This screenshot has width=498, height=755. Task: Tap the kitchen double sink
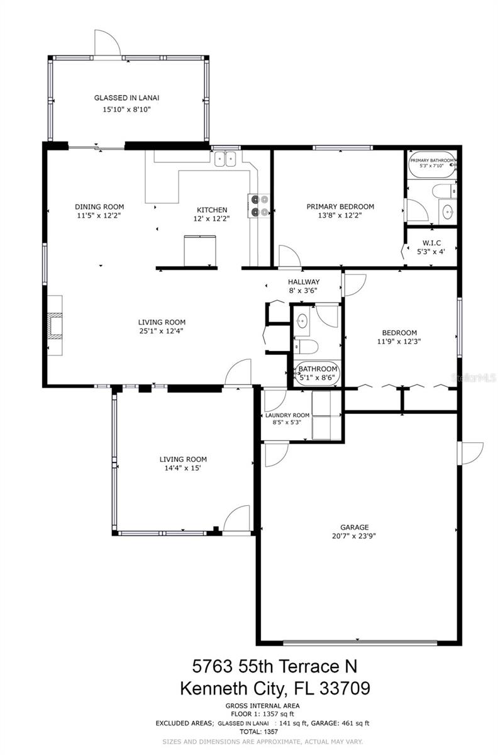tap(224, 159)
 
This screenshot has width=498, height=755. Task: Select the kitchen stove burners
tap(260, 206)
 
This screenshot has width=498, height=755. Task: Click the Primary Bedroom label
tap(340, 206)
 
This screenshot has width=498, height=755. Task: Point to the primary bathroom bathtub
tap(431, 166)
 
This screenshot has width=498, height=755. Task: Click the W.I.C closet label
tap(431, 243)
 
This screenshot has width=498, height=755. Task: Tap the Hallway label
tap(304, 282)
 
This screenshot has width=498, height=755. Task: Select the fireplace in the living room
tap(55, 325)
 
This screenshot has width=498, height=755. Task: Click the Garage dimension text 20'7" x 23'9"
tap(355, 536)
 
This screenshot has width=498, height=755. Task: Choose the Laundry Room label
tap(287, 415)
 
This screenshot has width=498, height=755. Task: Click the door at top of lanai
tap(107, 43)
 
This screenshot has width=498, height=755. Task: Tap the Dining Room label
tap(99, 206)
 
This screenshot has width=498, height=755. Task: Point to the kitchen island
tap(200, 250)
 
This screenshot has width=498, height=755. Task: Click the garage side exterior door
tap(471, 453)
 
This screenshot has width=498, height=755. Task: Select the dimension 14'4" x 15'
tap(182, 468)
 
